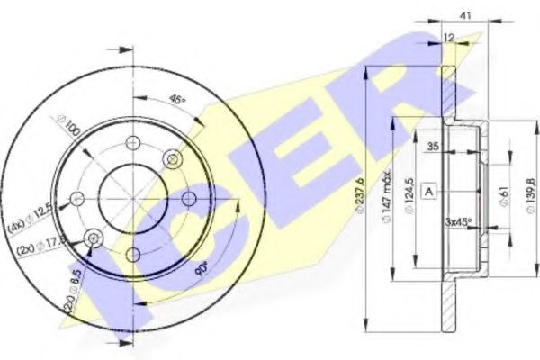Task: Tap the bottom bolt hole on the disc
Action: point(133,254)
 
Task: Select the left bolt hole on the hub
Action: point(78,199)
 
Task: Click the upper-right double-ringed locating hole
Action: point(172,159)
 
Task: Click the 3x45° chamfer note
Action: point(461,221)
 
